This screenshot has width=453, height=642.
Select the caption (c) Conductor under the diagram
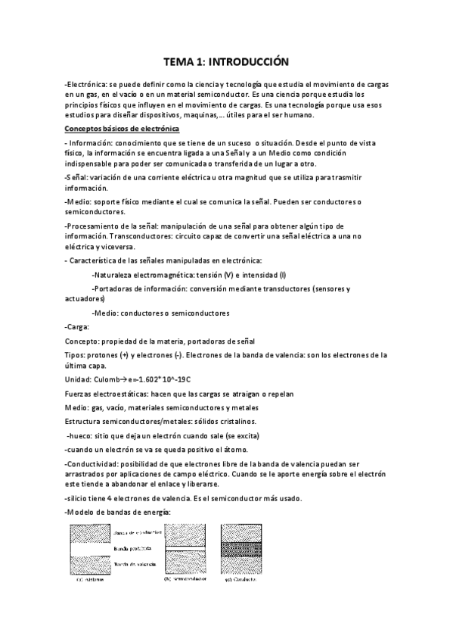tap(240, 581)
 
